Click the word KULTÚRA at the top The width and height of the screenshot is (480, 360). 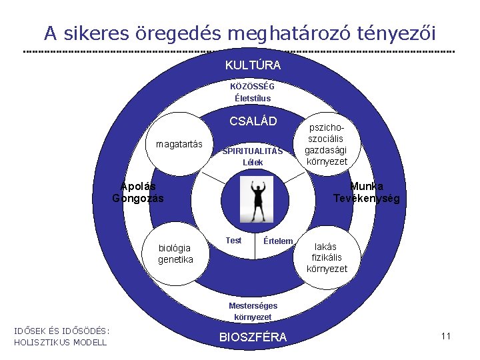coord(253,65)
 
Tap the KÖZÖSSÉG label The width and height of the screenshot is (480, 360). coord(252,86)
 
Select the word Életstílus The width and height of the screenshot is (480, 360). coord(253,98)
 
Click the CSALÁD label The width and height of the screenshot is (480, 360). coord(253,121)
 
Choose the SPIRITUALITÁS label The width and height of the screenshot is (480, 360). coord(253,151)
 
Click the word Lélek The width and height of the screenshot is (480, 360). coord(253,162)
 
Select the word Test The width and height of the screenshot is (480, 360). coord(233,240)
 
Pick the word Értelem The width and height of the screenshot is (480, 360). coord(278,241)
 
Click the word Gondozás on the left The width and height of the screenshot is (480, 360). coord(138,198)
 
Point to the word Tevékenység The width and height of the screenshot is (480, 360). coord(366,199)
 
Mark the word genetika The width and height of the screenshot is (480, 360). coord(175,259)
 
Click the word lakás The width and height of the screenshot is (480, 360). coord(327,246)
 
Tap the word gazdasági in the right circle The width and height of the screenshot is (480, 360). coord(326,151)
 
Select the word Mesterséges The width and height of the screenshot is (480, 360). coord(253,305)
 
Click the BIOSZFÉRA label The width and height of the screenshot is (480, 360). coord(253,337)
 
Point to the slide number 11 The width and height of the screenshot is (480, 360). coord(446,336)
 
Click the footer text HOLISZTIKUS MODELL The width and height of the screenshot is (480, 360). coord(60,342)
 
